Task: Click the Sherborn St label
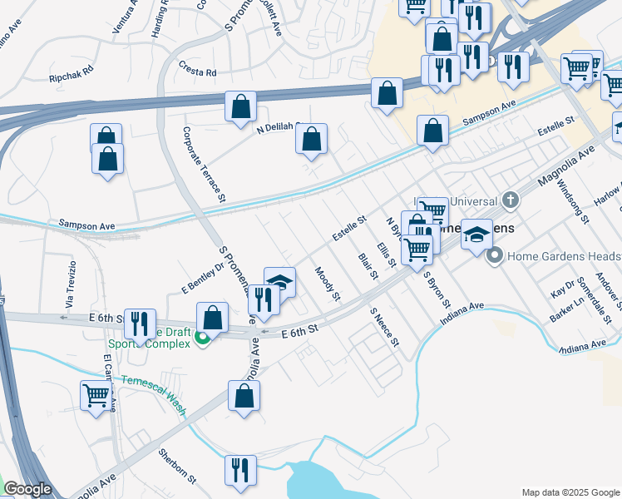pos(178,467)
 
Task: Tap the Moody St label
pos(328,284)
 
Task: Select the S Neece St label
pos(385,327)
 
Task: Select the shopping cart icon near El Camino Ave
pos(96,396)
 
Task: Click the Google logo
pos(27,490)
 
